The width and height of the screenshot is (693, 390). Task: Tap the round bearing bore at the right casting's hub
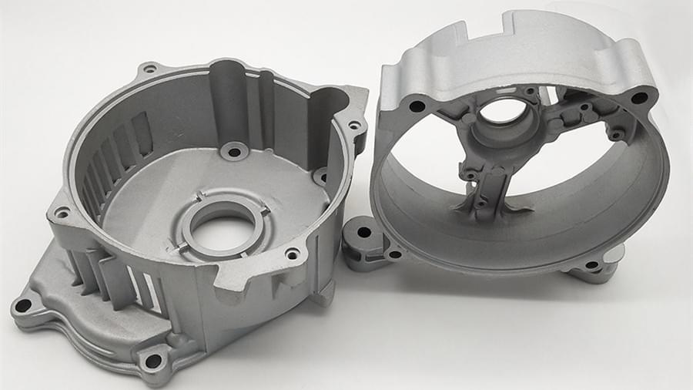pos(502,113)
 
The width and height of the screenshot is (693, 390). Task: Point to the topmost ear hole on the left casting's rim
pos(149,69)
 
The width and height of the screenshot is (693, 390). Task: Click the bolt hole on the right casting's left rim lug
pos(417,106)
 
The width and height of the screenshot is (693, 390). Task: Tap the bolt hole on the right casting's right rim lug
pos(639,98)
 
